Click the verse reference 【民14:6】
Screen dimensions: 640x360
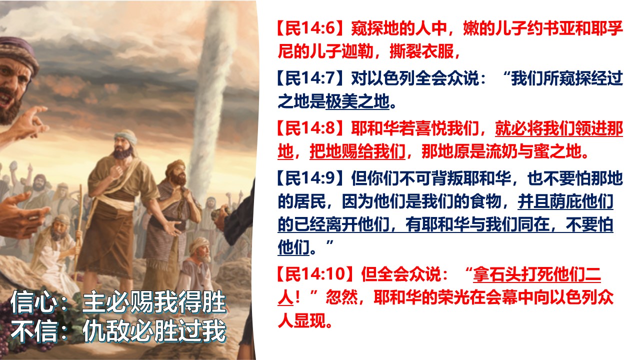[313, 28]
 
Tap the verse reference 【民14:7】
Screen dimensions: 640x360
[313, 78]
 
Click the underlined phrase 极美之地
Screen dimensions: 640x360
[357, 101]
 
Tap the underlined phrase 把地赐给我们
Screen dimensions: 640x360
[357, 151]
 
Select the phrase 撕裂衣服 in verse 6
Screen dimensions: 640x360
[421, 52]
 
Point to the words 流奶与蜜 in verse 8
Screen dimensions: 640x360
[517, 151]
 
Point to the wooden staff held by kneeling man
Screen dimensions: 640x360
[78, 228]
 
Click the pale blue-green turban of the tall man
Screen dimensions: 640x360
[125, 137]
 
